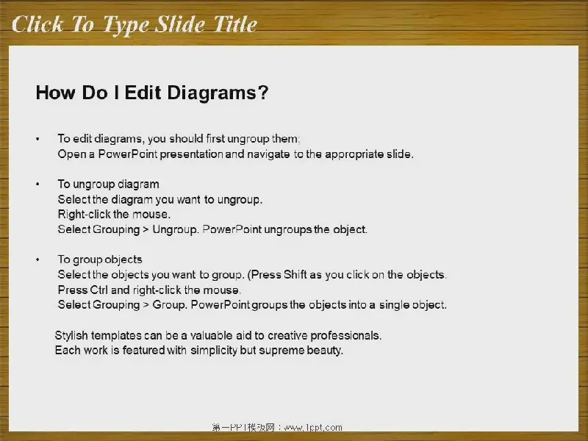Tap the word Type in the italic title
click(x=126, y=26)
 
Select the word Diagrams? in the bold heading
click(x=218, y=93)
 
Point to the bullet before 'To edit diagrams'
click(x=37, y=139)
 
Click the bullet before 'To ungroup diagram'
click(x=37, y=184)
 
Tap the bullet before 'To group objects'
click(x=37, y=259)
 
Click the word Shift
click(x=295, y=274)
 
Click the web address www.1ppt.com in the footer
click(x=313, y=428)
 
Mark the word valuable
click(x=211, y=335)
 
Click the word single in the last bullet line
click(x=394, y=305)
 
